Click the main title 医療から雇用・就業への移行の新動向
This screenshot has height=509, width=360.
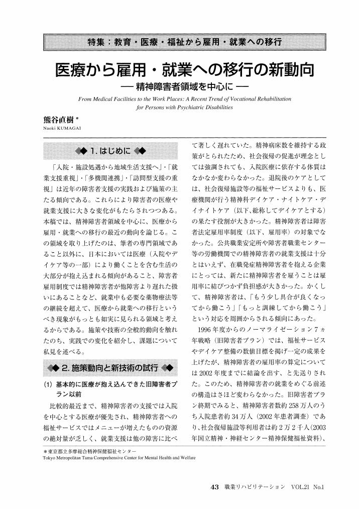pos(180,70)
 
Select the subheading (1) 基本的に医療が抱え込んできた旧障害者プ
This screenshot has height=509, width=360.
pos(110,384)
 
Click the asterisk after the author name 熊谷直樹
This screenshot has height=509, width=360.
pos(77,118)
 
